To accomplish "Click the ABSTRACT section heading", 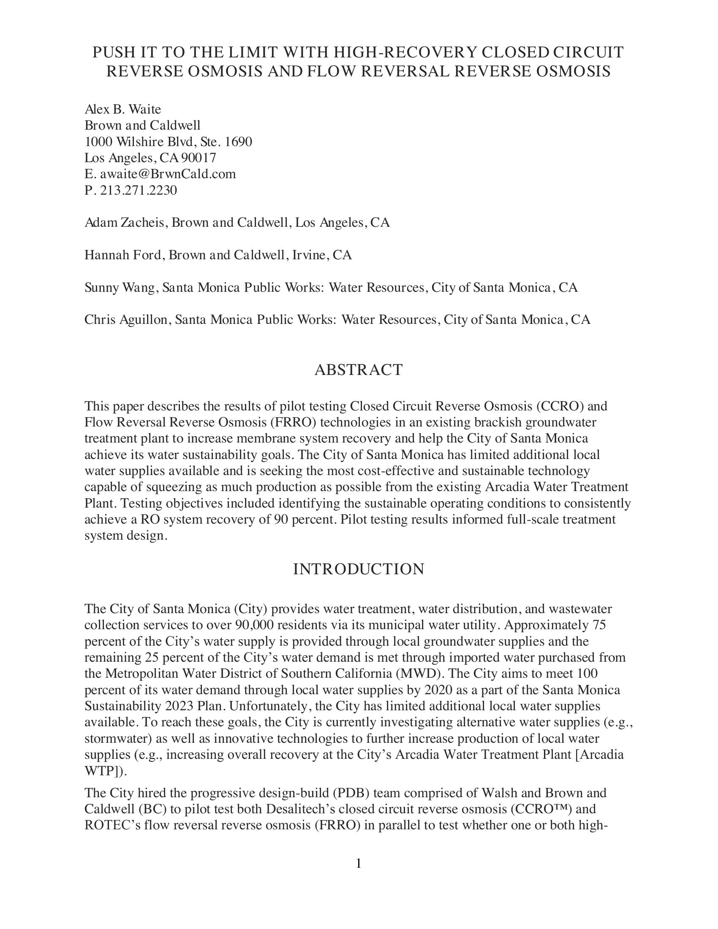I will point(358,369).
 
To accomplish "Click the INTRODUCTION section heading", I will point(358,569).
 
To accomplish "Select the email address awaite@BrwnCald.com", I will point(168,174).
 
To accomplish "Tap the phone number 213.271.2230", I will point(138,190).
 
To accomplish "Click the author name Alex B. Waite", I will point(122,109).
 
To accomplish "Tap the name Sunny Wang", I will point(119,288).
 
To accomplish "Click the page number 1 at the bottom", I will point(358,863).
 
